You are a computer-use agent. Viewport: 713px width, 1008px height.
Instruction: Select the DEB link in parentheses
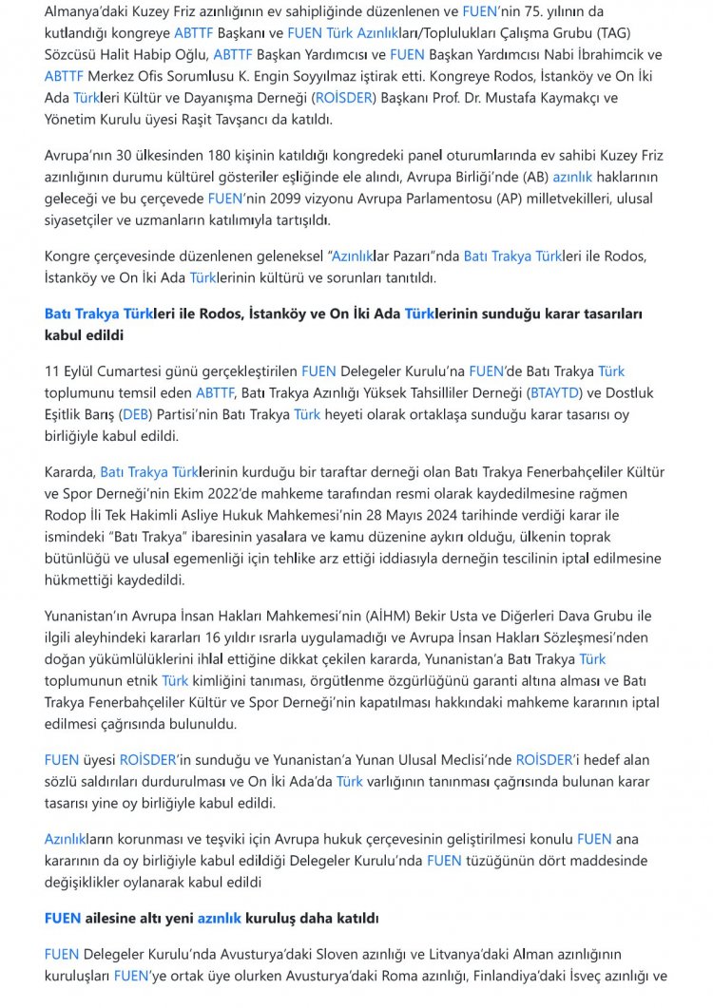click(x=133, y=413)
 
